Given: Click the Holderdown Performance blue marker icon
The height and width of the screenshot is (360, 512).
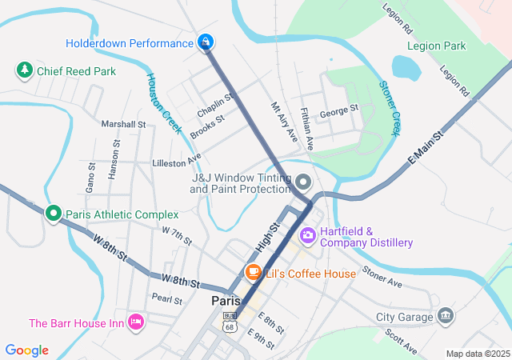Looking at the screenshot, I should coord(206,42).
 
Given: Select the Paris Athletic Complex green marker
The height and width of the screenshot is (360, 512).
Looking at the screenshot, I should coord(54,214).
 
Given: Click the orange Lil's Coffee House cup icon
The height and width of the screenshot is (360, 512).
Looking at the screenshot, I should coord(254,273).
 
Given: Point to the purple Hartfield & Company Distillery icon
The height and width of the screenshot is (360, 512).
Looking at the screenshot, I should coord(307,236).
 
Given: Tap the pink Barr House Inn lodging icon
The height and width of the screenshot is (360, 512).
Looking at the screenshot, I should coord(135,322).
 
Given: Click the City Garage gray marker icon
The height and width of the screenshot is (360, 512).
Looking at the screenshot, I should coord(445,317).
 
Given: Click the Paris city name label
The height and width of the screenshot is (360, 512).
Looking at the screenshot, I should coord(226,301).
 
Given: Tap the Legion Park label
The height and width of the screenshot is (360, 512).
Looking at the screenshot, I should coord(436,46).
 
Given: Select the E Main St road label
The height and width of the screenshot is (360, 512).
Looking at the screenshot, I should coord(425,150).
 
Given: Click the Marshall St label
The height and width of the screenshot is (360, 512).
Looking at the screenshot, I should coord(123,124).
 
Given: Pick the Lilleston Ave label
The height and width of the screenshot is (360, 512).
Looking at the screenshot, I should coord(176,162).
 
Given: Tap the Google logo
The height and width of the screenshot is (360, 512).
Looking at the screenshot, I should coord(27,350).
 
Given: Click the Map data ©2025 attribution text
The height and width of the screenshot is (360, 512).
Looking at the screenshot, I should coord(478,354).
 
